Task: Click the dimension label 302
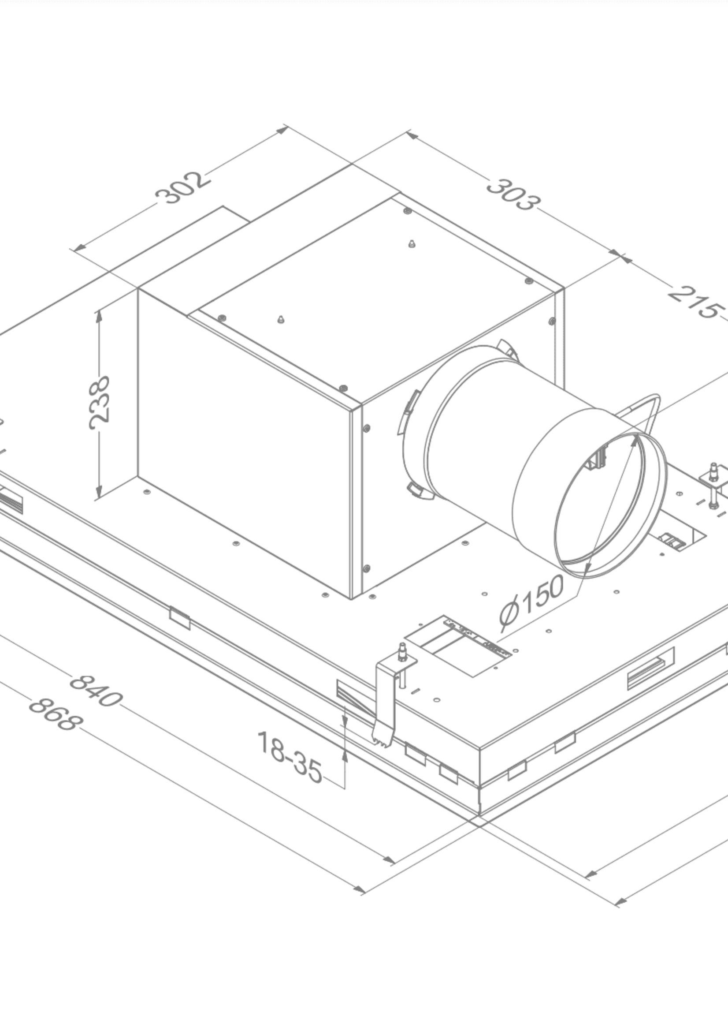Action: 182,187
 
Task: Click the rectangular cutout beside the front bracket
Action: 457,646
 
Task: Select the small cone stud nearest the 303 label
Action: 412,243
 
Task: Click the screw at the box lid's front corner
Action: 343,388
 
